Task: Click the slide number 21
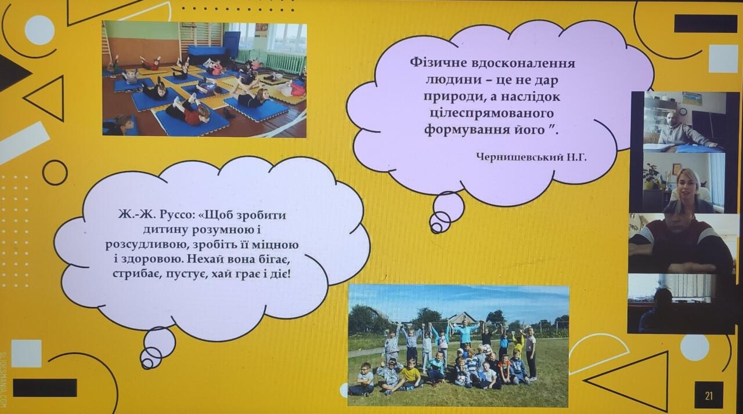click(709, 396)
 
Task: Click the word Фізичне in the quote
click(438, 63)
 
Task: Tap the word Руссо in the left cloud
click(175, 215)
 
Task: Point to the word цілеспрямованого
click(491, 114)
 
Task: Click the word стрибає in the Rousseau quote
click(136, 274)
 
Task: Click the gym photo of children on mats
click(204, 79)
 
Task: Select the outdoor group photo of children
click(459, 345)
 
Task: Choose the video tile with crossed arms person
click(680, 244)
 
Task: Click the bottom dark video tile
click(680, 303)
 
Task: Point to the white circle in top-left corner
click(40, 30)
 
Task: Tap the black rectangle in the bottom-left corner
click(45, 387)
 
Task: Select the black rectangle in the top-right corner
click(705, 24)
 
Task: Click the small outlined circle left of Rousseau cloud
click(55, 173)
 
